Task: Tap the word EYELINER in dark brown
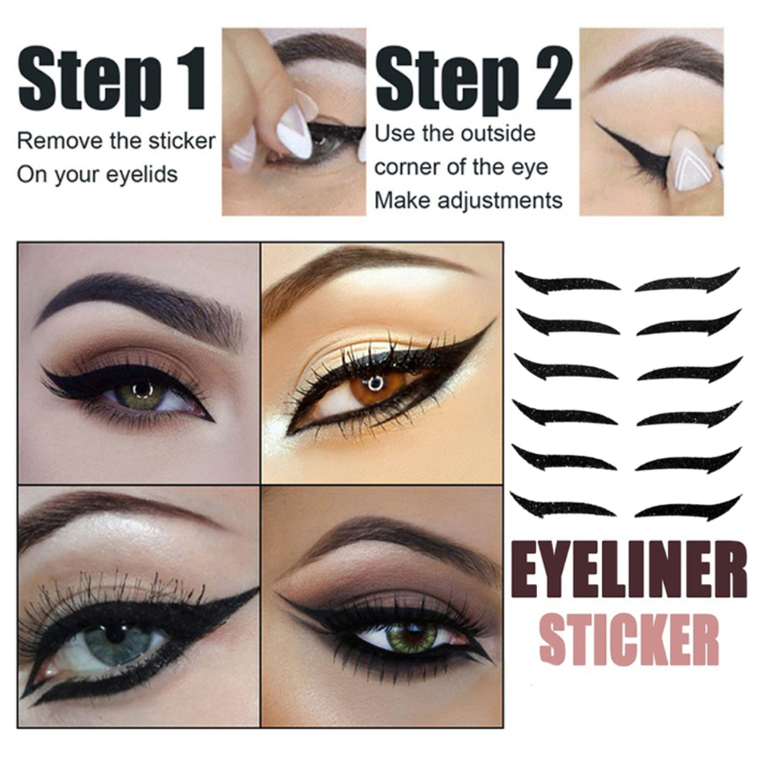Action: pyautogui.click(x=629, y=570)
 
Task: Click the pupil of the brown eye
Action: pyautogui.click(x=375, y=383)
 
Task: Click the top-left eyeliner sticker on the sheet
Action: pyautogui.click(x=567, y=283)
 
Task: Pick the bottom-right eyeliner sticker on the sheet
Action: pyautogui.click(x=688, y=508)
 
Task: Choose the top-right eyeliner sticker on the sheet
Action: pyautogui.click(x=687, y=282)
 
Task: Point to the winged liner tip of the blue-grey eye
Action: pyautogui.click(x=257, y=590)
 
